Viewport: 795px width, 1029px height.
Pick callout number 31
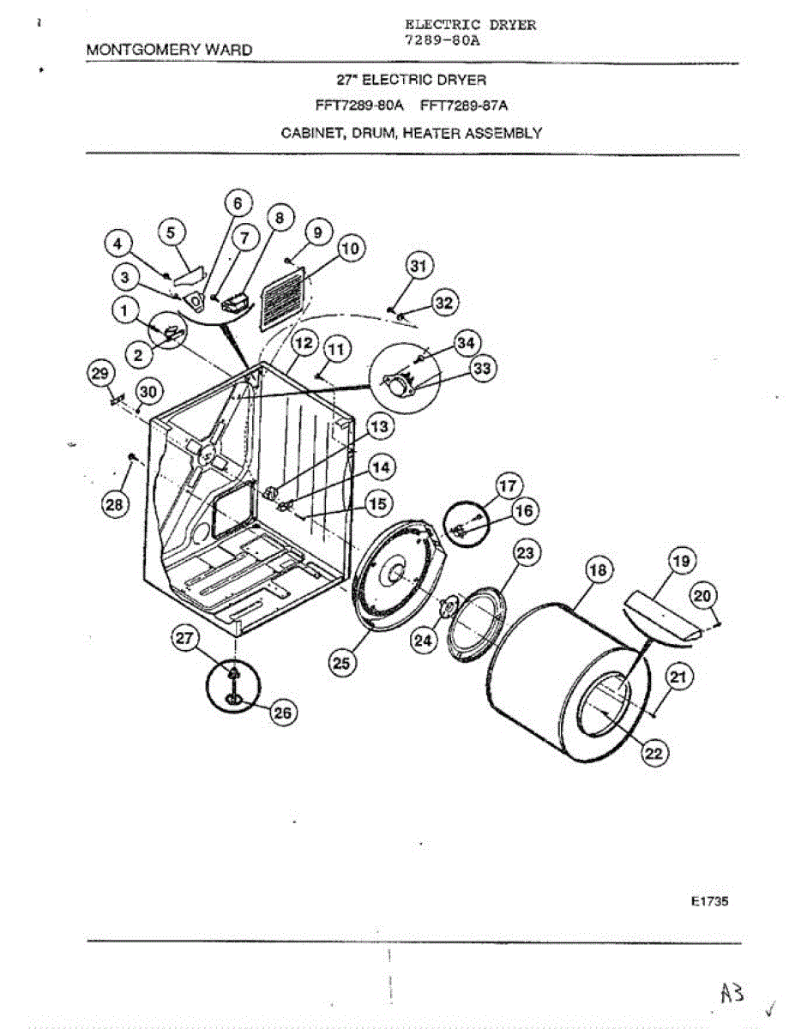coord(418,268)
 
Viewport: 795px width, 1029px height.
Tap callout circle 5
coord(172,232)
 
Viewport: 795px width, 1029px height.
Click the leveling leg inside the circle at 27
coord(232,683)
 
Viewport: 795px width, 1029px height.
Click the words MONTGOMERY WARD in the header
coord(170,50)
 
